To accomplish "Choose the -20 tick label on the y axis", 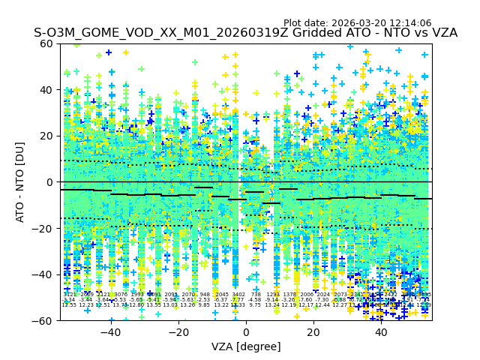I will tap(45, 228).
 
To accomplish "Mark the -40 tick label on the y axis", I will tap(45, 274).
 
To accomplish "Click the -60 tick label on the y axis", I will tap(45, 320).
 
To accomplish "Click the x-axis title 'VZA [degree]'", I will tap(246, 346).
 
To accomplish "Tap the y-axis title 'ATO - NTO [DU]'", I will tap(21, 182).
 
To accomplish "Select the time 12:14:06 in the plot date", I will tap(431, 23).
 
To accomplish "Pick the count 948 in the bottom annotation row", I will tap(205, 295).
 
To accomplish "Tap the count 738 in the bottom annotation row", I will tap(256, 295).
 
